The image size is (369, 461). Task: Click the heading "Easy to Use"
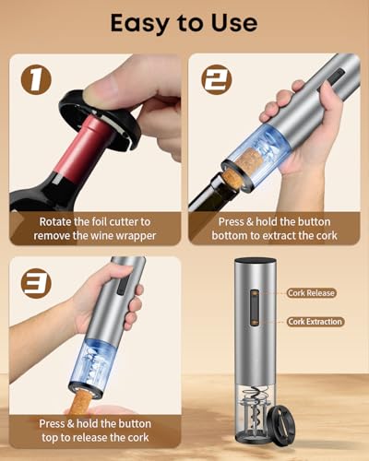tap(184, 24)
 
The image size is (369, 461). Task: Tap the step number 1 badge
tap(36, 79)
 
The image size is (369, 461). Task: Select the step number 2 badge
tap(217, 79)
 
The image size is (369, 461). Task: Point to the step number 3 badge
tap(36, 283)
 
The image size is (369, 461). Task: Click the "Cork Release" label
tap(311, 293)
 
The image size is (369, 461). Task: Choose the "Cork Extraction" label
tap(315, 322)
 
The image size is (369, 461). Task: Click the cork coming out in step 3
tap(80, 403)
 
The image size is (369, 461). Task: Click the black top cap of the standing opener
tap(256, 261)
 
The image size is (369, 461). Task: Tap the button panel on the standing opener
tap(255, 307)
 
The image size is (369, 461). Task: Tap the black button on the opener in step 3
tap(123, 284)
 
